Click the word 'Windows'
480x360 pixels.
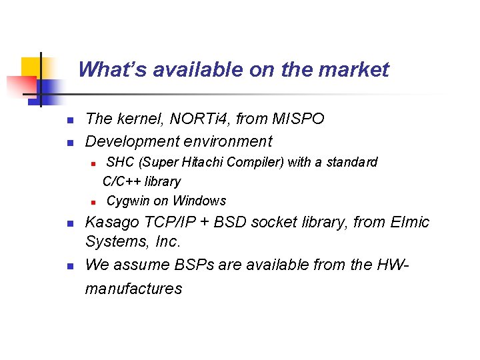199,201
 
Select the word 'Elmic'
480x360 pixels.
409,222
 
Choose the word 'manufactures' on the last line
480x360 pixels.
133,289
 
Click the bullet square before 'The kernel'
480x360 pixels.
69,121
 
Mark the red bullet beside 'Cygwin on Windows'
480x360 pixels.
93,201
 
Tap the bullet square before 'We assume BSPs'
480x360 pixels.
69,266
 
